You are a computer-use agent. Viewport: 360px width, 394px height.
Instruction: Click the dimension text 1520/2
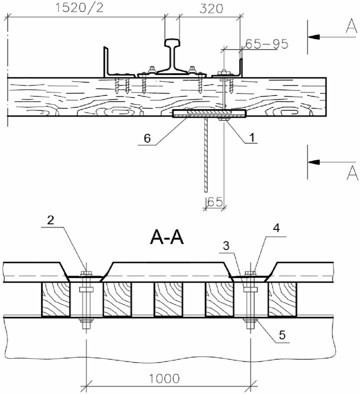tap(79, 8)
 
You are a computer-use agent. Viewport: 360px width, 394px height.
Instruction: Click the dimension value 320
tap(211, 9)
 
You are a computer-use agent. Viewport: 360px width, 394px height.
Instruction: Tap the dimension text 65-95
tap(267, 44)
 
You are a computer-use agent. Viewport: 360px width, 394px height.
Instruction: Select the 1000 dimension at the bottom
tap(165, 379)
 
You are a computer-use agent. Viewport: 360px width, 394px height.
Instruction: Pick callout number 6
tap(147, 138)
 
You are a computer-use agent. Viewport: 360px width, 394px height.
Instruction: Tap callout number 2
tap(51, 220)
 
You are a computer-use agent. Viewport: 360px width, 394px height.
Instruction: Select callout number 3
tap(226, 246)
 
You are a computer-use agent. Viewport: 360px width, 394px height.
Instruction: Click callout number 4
tap(276, 228)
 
